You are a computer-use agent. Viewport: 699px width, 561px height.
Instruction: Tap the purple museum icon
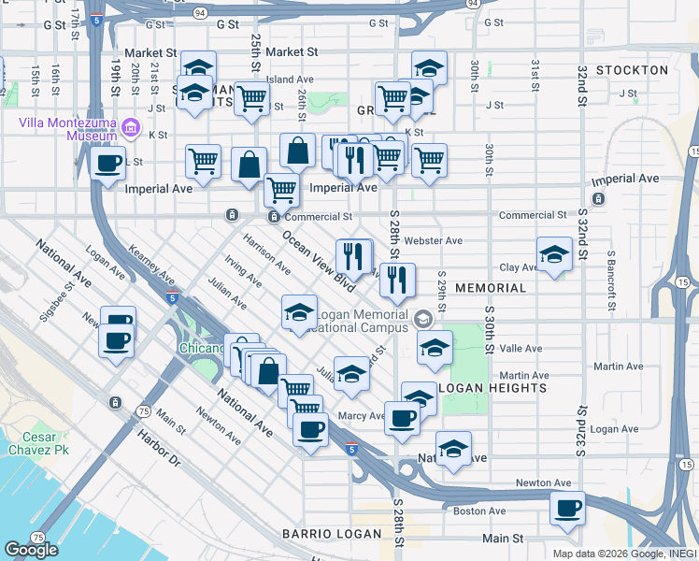(x=130, y=126)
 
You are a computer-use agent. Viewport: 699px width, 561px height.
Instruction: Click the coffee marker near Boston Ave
(x=566, y=509)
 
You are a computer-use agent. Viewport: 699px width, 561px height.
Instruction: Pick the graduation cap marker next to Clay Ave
(x=553, y=254)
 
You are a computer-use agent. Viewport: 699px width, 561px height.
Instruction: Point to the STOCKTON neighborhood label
(x=632, y=70)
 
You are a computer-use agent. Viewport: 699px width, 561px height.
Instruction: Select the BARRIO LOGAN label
(x=332, y=534)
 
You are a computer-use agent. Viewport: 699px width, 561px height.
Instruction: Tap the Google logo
(x=32, y=550)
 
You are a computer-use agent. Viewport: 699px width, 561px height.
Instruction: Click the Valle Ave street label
(x=521, y=349)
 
